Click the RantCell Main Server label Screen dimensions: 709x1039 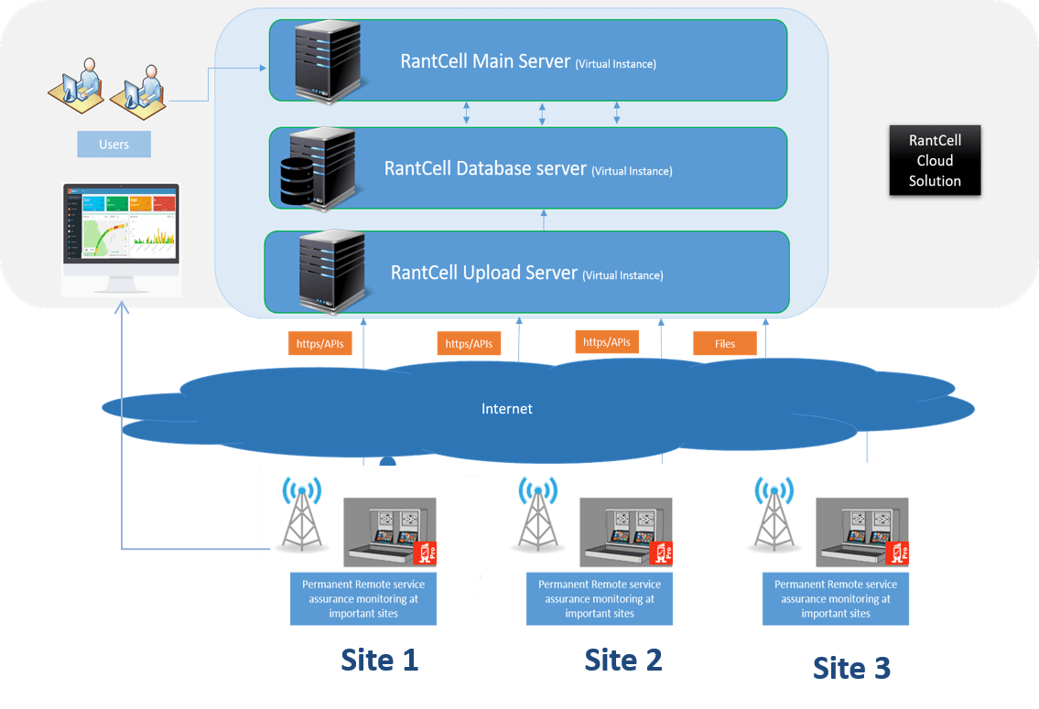coord(485,62)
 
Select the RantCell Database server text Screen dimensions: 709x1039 coord(485,169)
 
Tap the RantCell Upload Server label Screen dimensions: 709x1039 coord(484,273)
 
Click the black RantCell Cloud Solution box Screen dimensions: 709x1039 coord(935,161)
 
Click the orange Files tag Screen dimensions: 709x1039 coord(725,344)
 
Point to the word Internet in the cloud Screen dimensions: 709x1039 coord(507,409)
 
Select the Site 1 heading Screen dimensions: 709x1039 coord(380,660)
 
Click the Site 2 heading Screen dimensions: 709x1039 coord(623,659)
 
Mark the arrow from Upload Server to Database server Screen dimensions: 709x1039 coord(544,220)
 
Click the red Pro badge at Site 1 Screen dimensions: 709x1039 coord(426,553)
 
